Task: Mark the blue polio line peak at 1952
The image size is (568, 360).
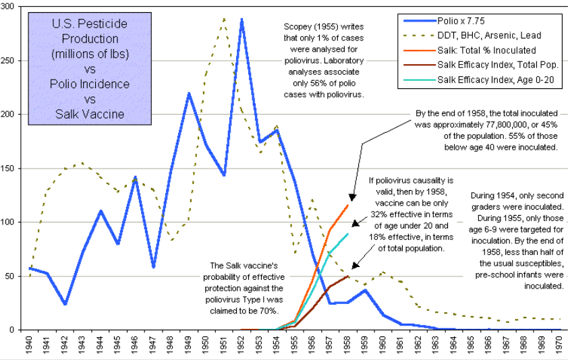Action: (242, 20)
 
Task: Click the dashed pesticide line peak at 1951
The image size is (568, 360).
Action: (224, 18)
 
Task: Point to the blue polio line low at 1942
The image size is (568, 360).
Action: (65, 304)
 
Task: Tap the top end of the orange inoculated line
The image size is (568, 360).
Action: (347, 205)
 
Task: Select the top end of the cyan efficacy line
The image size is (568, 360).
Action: (347, 234)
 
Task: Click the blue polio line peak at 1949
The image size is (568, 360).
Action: (189, 93)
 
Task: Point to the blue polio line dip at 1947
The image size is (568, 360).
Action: (153, 267)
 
